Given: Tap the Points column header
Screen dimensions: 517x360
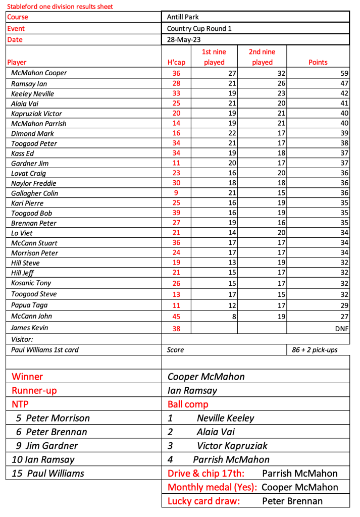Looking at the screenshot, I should click(318, 62).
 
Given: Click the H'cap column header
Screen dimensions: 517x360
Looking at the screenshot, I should click(176, 62).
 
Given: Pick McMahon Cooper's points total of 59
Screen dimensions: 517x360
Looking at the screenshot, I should click(344, 73).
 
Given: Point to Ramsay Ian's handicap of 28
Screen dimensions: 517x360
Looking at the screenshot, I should click(176, 83).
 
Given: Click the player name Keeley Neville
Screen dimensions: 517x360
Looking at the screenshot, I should click(32, 93).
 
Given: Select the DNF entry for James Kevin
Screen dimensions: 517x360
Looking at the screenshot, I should click(342, 328).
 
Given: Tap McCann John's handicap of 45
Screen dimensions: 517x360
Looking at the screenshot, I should click(176, 317).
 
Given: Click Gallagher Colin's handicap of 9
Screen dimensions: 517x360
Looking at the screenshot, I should click(176, 193).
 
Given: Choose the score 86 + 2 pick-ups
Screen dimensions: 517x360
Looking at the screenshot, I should click(315, 350).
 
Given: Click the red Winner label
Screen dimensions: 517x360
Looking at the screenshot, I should click(27, 377).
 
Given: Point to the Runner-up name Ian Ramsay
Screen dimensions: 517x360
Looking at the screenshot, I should click(193, 390).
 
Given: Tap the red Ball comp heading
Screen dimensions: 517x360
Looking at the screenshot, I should click(188, 404).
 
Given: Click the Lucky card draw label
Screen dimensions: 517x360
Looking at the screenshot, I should click(203, 501).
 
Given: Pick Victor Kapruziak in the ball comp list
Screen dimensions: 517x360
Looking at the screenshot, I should click(232, 446).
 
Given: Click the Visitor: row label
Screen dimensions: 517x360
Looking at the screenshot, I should click(22, 339).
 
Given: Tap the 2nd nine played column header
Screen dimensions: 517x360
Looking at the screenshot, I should click(262, 57).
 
